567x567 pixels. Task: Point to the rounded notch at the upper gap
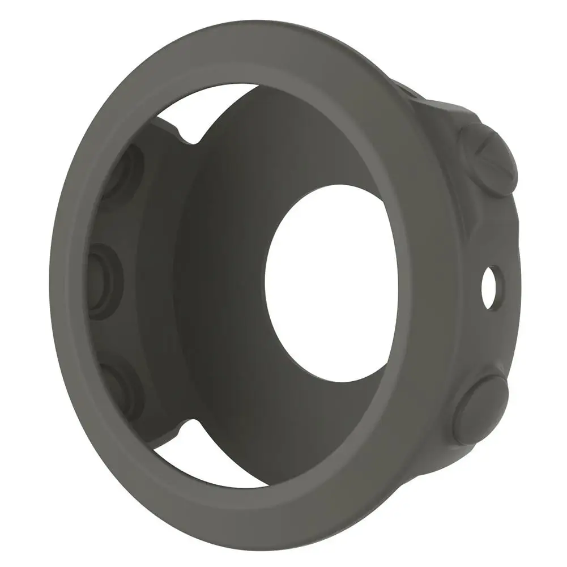[190, 136]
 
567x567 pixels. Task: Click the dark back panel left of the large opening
[227, 272]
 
